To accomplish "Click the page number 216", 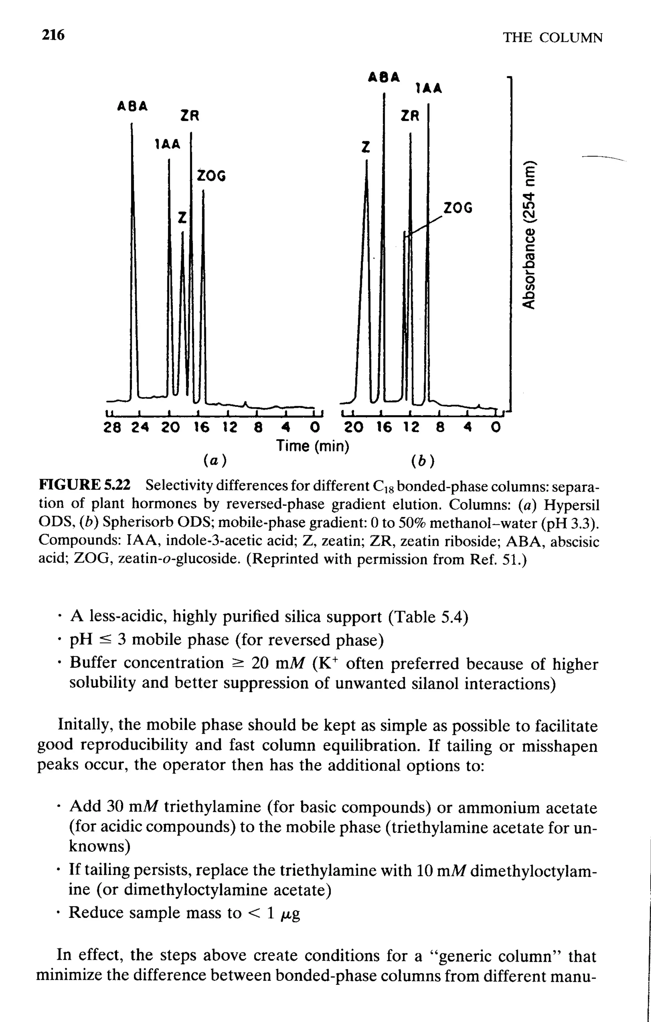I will coord(53,35).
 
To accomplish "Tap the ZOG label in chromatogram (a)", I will coord(211,176).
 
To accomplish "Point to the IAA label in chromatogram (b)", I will coord(429,88).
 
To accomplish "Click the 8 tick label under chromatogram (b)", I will coord(440,427).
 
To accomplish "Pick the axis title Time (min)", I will coord(313,446).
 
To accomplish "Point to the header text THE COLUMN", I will coord(552,38).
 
